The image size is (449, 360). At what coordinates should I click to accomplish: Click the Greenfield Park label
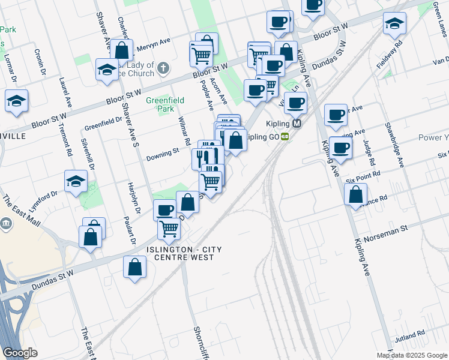(160, 104)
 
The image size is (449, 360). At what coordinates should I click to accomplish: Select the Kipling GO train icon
(285, 136)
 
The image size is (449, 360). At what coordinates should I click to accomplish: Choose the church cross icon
(165, 69)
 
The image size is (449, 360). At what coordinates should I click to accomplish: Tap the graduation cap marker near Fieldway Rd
(394, 25)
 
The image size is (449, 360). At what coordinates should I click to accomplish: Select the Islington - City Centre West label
(179, 253)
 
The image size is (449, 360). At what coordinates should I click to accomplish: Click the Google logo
(20, 353)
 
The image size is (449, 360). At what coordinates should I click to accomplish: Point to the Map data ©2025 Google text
(412, 355)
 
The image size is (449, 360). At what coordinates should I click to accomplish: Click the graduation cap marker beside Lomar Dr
(16, 102)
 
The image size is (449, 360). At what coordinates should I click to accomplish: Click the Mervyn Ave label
(154, 43)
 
